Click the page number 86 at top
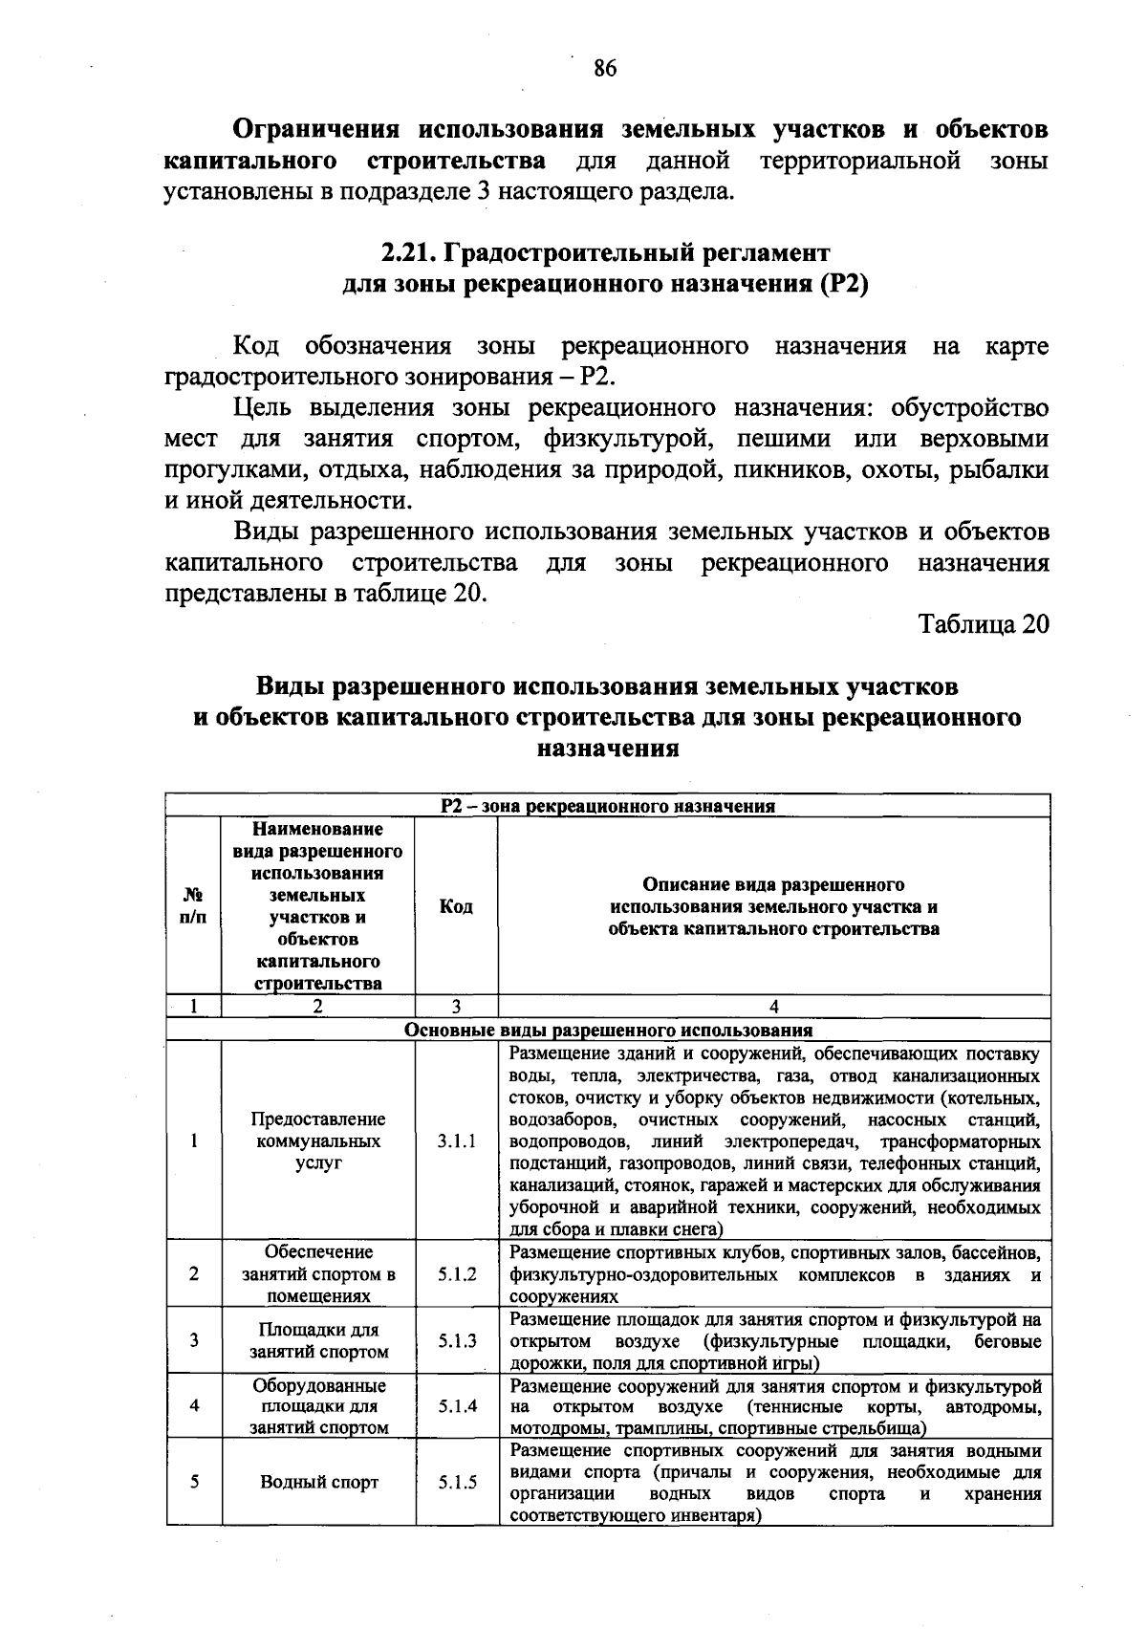coord(605,68)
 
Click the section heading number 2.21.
coord(408,253)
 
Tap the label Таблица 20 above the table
coord(984,624)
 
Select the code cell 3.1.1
coord(457,1141)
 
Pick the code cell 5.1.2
coord(457,1274)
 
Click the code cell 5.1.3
coord(457,1341)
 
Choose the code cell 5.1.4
coord(457,1406)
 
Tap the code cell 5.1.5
coord(457,1483)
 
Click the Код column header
coord(456,906)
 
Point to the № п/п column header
coord(193,906)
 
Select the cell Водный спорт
coord(319,1483)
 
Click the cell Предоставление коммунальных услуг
coord(318,1141)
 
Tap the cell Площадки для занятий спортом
coord(319,1341)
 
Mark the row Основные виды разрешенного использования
coord(608,1031)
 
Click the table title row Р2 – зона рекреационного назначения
coord(608,806)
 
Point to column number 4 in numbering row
coord(773,1006)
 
